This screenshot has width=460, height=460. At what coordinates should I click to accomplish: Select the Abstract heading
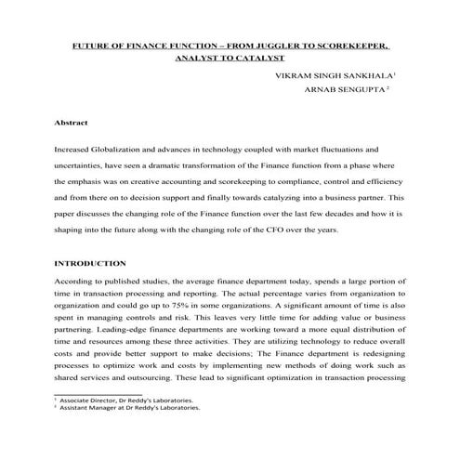click(72, 122)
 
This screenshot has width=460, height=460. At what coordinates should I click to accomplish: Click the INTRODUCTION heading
click(91, 263)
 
